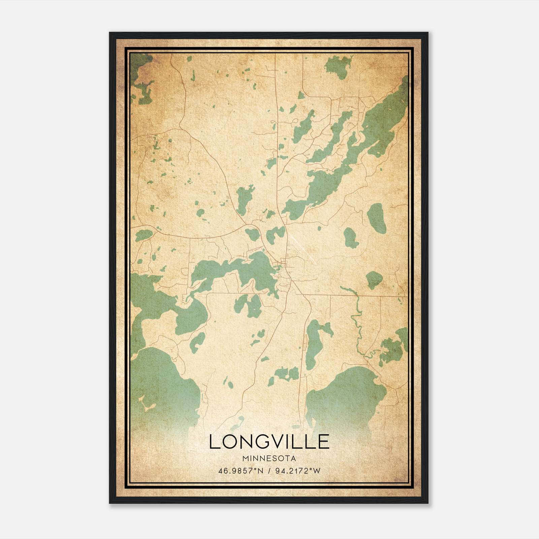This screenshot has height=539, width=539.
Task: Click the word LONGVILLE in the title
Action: click(x=269, y=442)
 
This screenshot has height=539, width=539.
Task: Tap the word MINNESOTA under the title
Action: click(x=269, y=458)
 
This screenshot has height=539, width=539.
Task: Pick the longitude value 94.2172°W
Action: click(x=297, y=471)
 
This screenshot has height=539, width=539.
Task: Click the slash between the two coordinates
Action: click(x=269, y=471)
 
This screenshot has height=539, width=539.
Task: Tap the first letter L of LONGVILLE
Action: click(x=215, y=442)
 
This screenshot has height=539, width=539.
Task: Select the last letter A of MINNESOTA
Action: click(x=293, y=458)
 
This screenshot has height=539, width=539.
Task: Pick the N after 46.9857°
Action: click(x=261, y=471)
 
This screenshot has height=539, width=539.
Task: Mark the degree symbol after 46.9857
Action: click(x=255, y=469)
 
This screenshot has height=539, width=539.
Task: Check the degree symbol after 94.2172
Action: click(x=311, y=469)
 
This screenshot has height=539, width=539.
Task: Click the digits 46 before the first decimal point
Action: click(x=223, y=471)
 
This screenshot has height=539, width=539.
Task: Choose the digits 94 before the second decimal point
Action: click(x=279, y=471)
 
